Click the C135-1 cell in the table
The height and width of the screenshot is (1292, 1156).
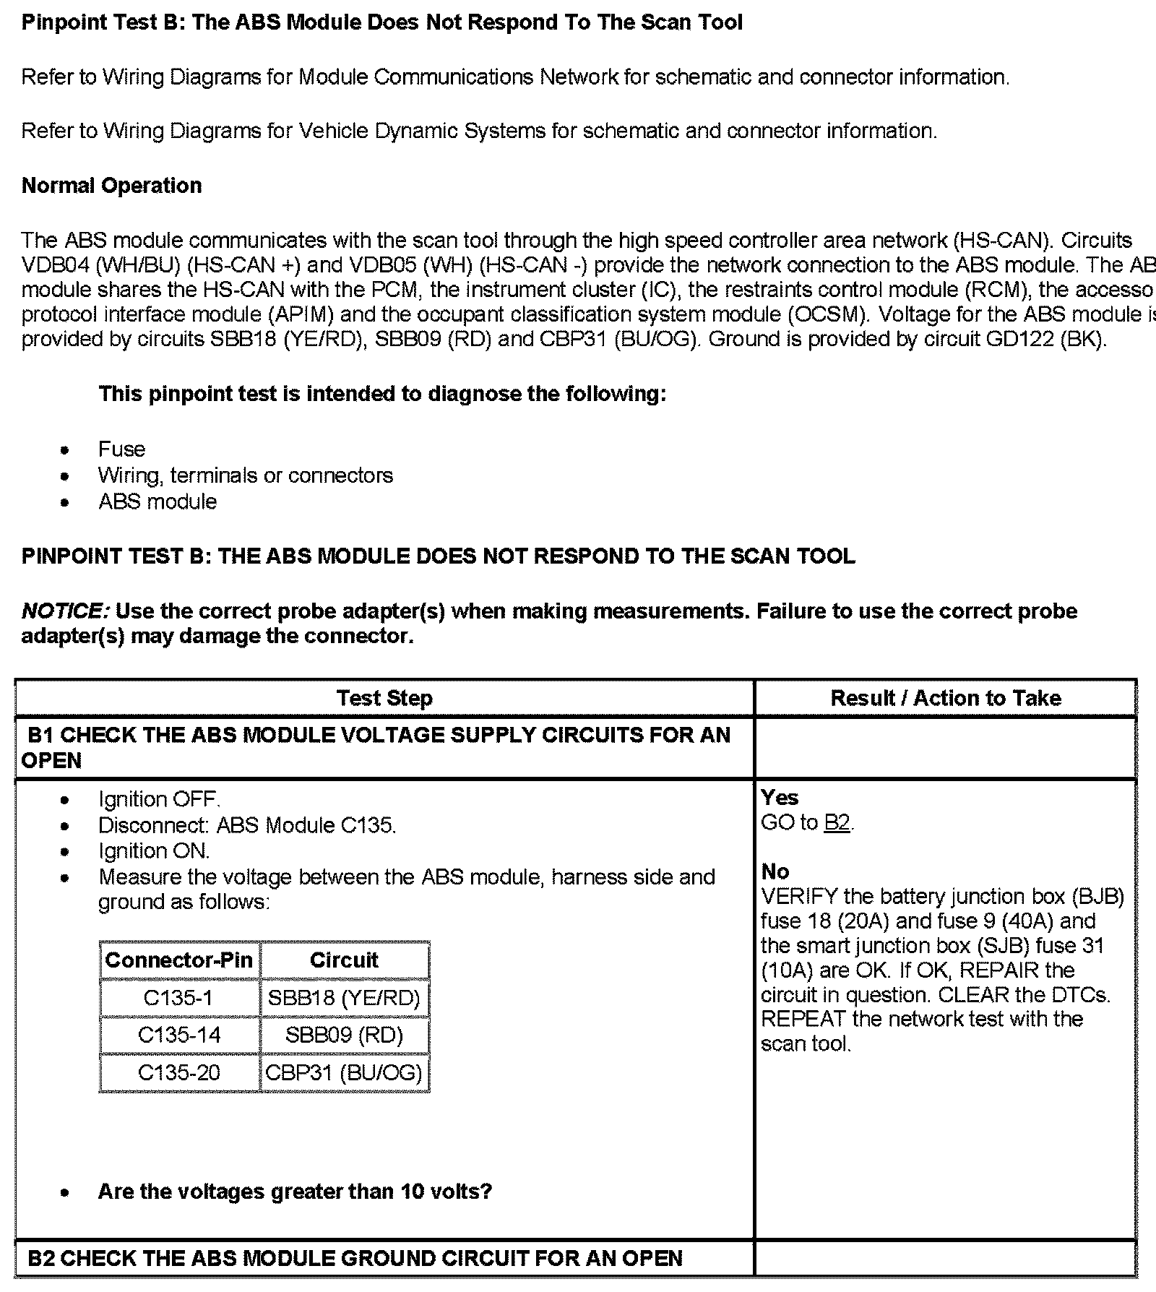[x=178, y=998]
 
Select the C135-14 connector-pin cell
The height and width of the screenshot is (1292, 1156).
[x=178, y=1035]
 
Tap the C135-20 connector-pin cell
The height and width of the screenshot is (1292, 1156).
[x=178, y=1072]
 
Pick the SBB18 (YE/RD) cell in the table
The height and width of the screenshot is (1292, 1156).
[x=344, y=998]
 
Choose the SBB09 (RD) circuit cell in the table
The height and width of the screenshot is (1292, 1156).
[x=344, y=1035]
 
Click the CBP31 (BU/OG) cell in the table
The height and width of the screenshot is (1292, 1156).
[x=344, y=1072]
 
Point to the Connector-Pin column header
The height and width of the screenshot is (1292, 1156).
[x=178, y=960]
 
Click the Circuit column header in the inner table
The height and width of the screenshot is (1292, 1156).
[x=344, y=960]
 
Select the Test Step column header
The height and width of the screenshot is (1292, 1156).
[x=384, y=698]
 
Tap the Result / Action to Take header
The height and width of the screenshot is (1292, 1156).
[x=946, y=698]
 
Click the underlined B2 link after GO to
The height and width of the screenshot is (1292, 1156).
[x=837, y=823]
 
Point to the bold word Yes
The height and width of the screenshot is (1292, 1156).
[x=780, y=798]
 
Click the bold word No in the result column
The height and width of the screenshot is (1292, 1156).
[x=775, y=871]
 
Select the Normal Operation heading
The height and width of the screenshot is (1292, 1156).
[x=112, y=186]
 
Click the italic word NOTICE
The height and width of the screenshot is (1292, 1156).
[x=65, y=611]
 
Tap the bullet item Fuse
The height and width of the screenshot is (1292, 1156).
[x=121, y=449]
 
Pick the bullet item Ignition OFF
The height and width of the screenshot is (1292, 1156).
[x=159, y=800]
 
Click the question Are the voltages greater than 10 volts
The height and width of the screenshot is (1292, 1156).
[x=295, y=1192]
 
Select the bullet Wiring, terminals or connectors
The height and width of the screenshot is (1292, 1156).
[x=246, y=475]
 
